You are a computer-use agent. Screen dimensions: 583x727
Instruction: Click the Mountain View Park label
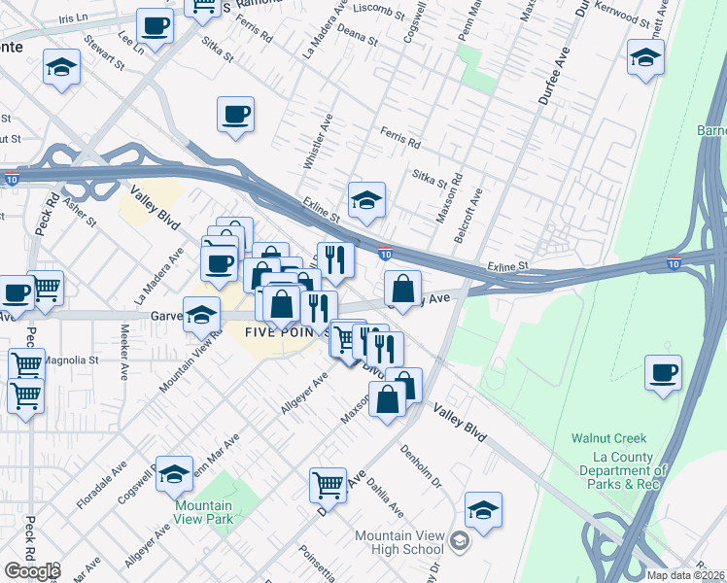204,512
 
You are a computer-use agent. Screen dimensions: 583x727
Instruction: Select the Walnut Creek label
622,438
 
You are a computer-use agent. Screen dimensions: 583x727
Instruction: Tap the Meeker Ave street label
124,359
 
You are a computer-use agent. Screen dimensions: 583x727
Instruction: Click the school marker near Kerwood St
644,57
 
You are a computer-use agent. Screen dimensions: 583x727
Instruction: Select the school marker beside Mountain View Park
175,473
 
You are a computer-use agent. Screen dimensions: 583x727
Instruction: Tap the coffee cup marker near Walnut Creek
663,372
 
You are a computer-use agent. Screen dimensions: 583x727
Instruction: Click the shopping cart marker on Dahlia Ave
329,483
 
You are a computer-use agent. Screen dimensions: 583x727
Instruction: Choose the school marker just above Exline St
366,200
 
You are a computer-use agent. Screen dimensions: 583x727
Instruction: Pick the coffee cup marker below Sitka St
235,115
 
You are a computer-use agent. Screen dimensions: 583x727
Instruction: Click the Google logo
32,570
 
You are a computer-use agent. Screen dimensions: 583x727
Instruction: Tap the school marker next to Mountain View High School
483,509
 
